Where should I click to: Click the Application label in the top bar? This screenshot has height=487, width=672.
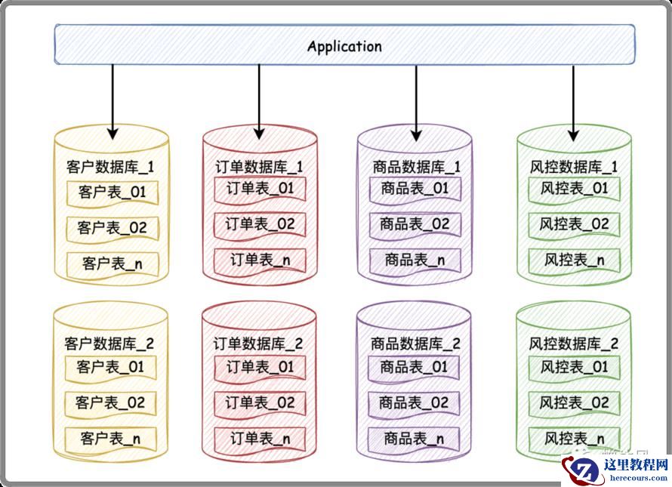point(344,46)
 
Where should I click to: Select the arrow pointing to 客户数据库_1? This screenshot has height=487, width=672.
point(113,101)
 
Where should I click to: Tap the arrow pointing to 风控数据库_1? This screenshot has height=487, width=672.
point(573,103)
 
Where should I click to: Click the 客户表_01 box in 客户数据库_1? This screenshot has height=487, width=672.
point(112,193)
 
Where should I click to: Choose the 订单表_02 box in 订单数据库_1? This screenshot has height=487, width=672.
point(260,224)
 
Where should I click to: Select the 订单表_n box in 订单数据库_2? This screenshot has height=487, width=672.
point(260,438)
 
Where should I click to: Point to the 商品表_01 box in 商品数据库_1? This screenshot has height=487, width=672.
point(415,188)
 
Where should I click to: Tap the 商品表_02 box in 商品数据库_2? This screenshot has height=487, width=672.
point(414,402)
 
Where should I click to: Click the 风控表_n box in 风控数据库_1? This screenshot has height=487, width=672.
point(574,260)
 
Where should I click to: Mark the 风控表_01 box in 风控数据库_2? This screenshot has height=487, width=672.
point(574,368)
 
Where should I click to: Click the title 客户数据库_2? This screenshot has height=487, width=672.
point(109,344)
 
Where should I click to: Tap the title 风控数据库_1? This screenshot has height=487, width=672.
point(574,166)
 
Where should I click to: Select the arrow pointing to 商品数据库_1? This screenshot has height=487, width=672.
point(416,103)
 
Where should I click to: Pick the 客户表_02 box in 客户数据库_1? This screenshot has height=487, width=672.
point(112,227)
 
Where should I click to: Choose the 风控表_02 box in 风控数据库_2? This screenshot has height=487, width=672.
point(574,402)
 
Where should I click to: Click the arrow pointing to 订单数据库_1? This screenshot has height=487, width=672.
point(259,101)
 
